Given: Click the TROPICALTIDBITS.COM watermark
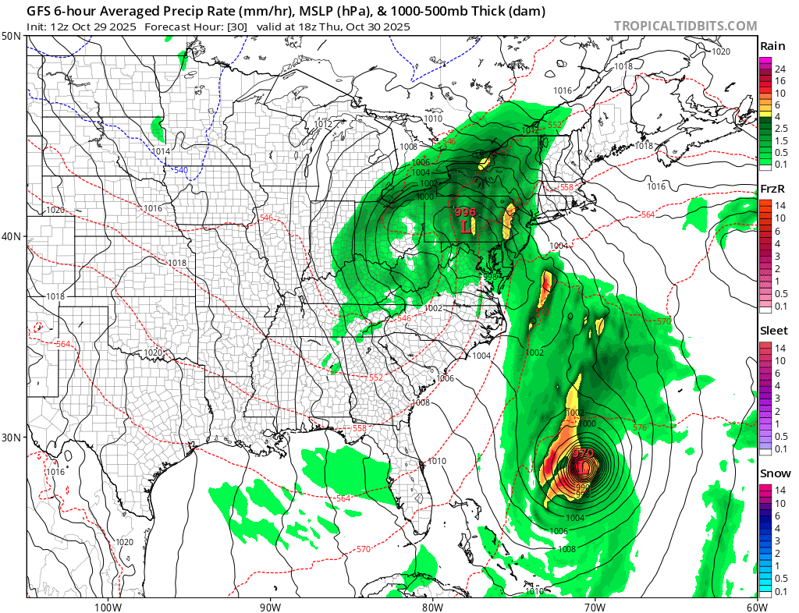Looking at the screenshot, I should click(x=685, y=26).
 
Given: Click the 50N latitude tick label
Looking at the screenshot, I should click(x=12, y=37).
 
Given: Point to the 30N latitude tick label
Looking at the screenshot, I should click(x=12, y=437).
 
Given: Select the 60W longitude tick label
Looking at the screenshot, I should click(x=756, y=607).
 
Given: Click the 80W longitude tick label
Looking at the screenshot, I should click(x=431, y=607).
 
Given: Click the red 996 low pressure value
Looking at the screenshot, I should click(x=465, y=212).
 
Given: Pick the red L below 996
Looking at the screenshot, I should click(x=466, y=226).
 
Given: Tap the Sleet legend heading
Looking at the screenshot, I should click(x=774, y=331).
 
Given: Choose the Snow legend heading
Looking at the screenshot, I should click(x=775, y=473).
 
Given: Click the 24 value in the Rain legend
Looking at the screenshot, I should click(x=779, y=69).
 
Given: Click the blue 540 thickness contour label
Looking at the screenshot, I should click(x=180, y=170).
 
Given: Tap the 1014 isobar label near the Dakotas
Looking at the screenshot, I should click(x=161, y=151).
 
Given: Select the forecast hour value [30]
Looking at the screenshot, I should click(x=237, y=27).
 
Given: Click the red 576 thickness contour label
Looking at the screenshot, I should click(x=640, y=427).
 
